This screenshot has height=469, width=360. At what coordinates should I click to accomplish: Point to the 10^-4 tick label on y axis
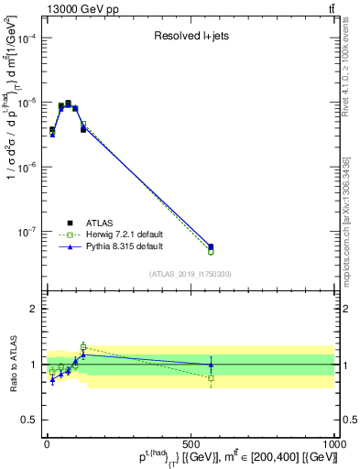coord(26,38)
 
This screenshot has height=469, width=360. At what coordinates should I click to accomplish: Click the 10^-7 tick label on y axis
coord(26,233)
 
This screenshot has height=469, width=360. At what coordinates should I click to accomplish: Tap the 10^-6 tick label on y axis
coord(26,168)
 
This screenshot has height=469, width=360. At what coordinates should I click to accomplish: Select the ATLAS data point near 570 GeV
coord(211,246)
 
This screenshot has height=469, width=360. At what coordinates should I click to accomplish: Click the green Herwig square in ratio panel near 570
coord(211,377)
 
